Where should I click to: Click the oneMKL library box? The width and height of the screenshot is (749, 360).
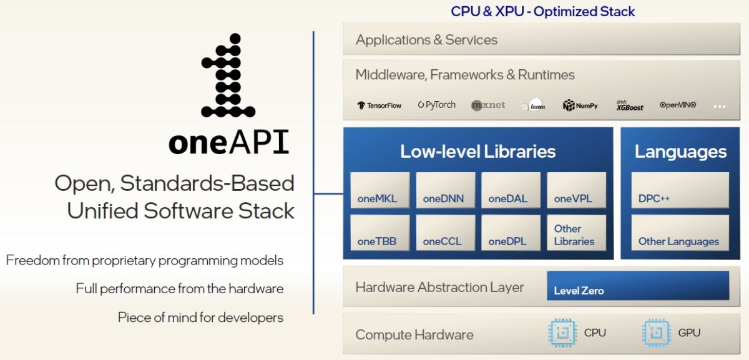point(379,190)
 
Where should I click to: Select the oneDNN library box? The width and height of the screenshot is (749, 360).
point(445,190)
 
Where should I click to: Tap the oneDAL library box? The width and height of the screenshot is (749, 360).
point(511,190)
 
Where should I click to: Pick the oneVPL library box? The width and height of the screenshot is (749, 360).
point(576,190)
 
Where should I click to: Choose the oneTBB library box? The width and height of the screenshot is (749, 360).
point(379,233)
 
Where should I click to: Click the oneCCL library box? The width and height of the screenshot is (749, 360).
point(445,233)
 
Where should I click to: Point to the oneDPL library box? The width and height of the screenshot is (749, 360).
point(511,233)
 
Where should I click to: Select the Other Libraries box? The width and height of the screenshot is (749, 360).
point(576,233)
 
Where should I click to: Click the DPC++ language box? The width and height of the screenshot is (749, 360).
point(680,190)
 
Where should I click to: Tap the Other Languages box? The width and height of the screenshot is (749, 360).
point(680,233)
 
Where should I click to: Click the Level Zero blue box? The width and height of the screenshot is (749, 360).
point(637,286)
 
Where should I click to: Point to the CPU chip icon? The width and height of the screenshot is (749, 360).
point(562,333)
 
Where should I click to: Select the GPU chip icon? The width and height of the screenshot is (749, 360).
point(656,333)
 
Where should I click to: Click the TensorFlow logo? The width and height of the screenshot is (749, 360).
point(379,105)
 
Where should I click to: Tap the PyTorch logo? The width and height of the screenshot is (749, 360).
point(437,105)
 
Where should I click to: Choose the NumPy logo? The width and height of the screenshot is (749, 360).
point(580,105)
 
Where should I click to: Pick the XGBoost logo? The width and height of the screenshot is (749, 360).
point(630,105)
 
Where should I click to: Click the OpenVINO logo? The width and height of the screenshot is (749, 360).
point(678,105)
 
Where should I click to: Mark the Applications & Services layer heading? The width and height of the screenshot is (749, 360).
point(426,40)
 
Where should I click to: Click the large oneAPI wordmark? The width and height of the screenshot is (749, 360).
point(228,143)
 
